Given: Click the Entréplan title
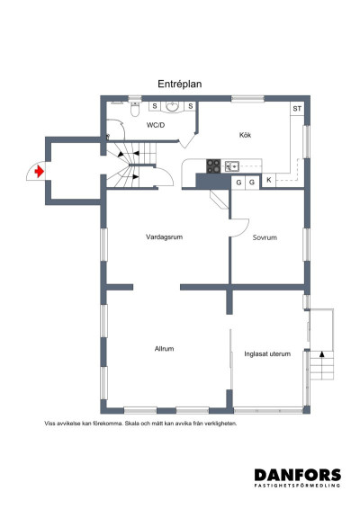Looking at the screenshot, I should [180, 83].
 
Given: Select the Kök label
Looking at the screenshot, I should [245, 135].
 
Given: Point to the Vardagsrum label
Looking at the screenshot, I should [165, 237].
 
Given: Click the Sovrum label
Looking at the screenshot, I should [265, 237].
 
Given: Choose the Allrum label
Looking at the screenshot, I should [164, 348].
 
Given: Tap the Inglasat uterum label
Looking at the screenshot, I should [267, 353].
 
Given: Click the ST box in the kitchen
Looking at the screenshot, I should [296, 109].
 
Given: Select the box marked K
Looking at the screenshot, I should [268, 182].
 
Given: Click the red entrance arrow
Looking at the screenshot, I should [39, 169].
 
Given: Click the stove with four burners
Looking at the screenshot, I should [215, 165].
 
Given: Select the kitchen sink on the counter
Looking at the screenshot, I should [232, 165].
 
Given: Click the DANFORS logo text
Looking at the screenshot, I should [297, 474].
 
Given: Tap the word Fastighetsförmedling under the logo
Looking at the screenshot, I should [297, 487].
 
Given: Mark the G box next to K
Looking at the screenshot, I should [252, 182].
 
